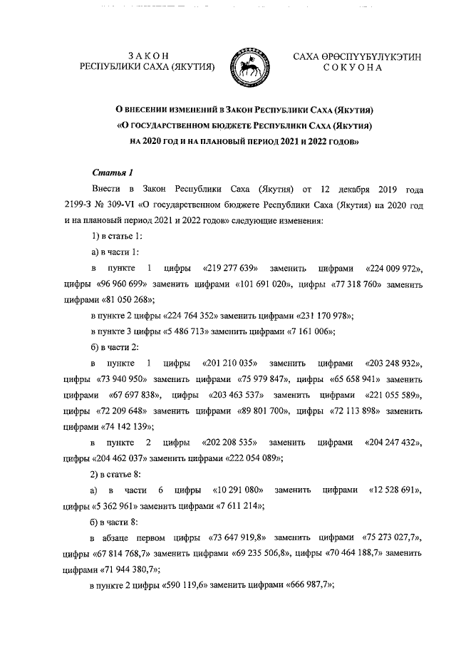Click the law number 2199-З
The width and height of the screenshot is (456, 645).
[x=81, y=206]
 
